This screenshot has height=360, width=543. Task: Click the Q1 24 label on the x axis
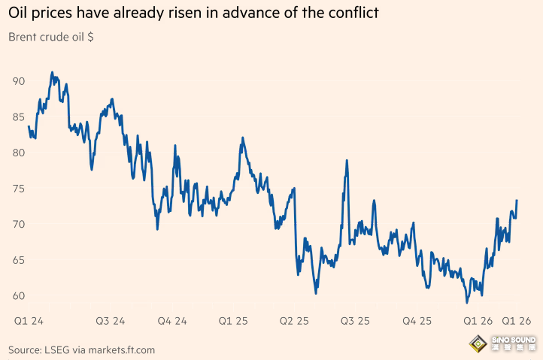(x=29, y=321)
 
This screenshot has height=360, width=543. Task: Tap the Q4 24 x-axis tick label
(x=172, y=321)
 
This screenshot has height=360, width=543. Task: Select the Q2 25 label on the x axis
(x=294, y=321)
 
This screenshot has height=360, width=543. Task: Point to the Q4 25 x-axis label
(x=417, y=321)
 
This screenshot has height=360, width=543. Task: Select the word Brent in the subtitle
(x=24, y=37)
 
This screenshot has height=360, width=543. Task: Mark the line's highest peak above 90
(x=52, y=72)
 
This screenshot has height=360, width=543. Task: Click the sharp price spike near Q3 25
(x=347, y=161)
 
